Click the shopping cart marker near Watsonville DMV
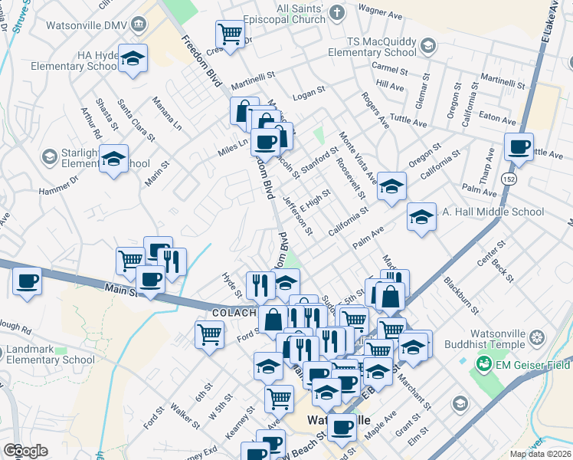coord(229,34)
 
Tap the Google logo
coord(25,451)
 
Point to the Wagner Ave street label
coord(381,11)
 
